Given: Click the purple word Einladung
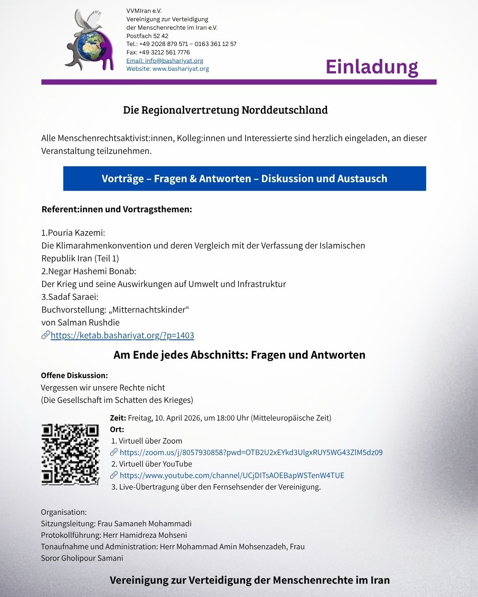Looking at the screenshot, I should pyautogui.click(x=372, y=67).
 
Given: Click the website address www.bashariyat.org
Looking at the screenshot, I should pyautogui.click(x=181, y=69).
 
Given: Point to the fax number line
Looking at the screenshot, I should pyautogui.click(x=158, y=52).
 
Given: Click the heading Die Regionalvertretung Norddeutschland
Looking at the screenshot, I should pyautogui.click(x=225, y=110).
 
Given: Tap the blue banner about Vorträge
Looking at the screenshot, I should pyautogui.click(x=244, y=179).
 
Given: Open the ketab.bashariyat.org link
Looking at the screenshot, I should pyautogui.click(x=122, y=335).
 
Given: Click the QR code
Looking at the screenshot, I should pyautogui.click(x=70, y=454).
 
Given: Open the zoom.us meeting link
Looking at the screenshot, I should pyautogui.click(x=251, y=452).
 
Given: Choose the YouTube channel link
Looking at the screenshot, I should pyautogui.click(x=232, y=475).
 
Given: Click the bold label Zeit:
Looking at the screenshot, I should pyautogui.click(x=118, y=418).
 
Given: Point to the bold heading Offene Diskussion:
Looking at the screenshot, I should pyautogui.click(x=74, y=375).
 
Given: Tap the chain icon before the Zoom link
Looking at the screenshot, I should pyautogui.click(x=114, y=452).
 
